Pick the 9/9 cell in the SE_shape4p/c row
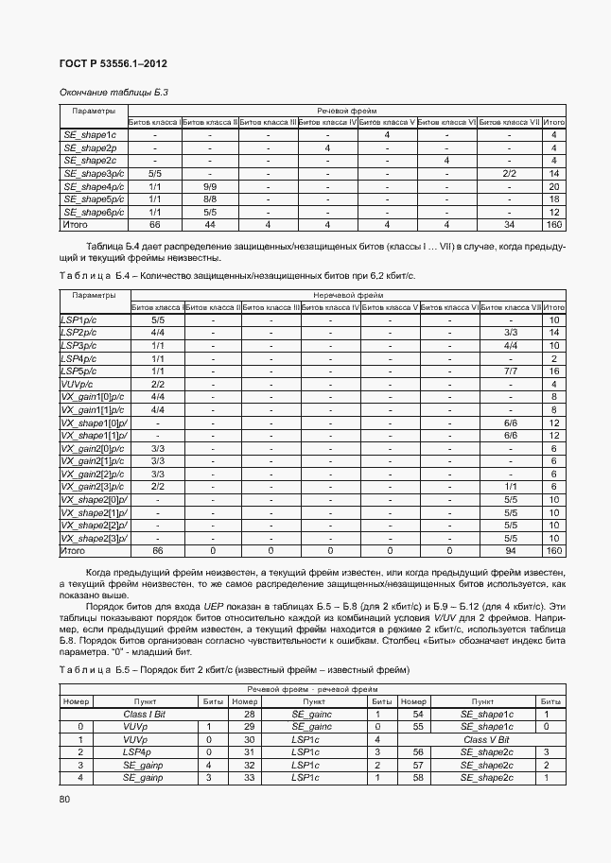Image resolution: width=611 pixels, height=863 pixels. pos(210,186)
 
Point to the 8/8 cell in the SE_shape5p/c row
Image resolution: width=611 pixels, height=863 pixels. pos(210,199)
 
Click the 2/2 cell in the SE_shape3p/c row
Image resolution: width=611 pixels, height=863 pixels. pos(509,174)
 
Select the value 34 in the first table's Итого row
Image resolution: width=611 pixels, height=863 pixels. pos(509,225)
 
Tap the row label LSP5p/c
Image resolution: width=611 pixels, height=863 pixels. pos(79,371)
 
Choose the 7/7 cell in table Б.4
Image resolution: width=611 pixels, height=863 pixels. pos(511,371)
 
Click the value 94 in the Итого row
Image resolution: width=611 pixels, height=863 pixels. pos(511,550)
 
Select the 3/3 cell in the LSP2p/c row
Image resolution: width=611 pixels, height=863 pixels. pos(511,334)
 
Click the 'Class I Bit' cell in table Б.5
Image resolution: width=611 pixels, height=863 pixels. pos(145,714)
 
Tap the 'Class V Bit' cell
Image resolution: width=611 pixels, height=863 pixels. pos(486,739)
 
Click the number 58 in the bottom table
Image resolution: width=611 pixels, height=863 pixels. pos(413,777)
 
